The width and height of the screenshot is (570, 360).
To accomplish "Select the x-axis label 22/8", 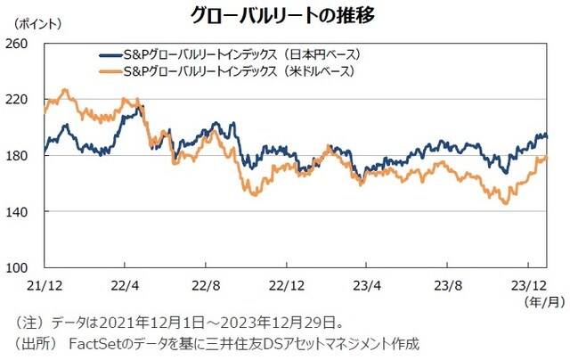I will [207, 286].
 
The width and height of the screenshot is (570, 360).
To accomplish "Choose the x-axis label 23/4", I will [368, 286].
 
